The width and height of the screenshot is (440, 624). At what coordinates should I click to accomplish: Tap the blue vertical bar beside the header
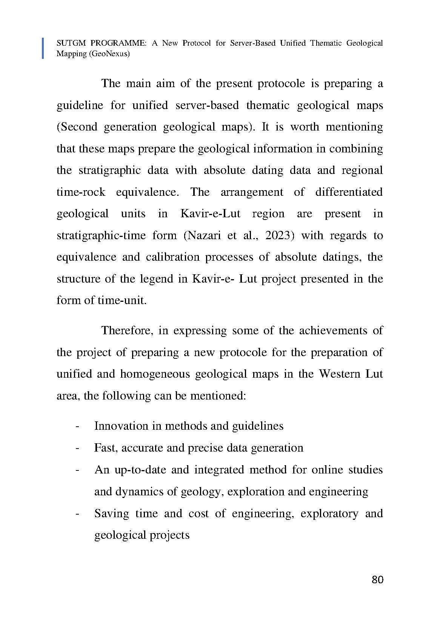coord(43,48)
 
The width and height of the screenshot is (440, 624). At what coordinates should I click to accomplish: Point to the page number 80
coord(377,579)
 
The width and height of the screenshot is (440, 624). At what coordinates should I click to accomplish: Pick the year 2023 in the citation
coord(279,235)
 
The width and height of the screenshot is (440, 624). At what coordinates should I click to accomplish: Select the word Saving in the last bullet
coord(111,513)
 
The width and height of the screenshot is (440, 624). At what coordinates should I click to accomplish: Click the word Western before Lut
coord(339,374)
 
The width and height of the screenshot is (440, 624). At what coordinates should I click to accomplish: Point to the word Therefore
coord(126,330)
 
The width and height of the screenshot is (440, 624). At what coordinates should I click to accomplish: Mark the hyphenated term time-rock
coord(81,192)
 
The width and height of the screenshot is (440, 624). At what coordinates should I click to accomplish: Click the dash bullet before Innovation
coord(77,426)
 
